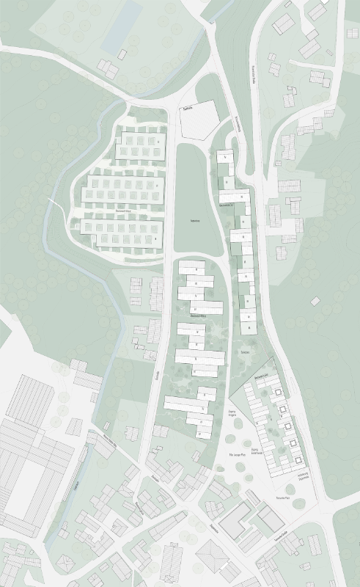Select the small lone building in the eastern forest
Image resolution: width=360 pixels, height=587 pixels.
coord(315,301)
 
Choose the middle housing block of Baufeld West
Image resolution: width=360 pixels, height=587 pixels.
coord(124,190)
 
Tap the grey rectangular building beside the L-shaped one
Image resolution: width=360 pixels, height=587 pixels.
coord(270,519)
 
